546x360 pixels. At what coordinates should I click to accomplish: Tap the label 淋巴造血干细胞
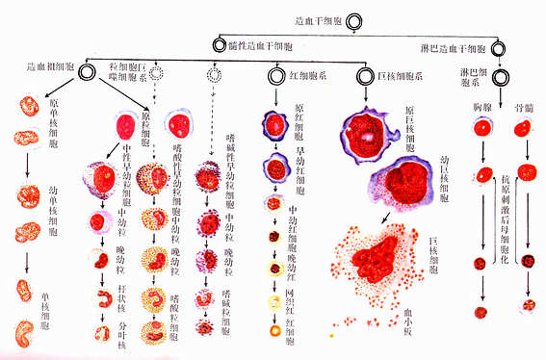tap(455, 47)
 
